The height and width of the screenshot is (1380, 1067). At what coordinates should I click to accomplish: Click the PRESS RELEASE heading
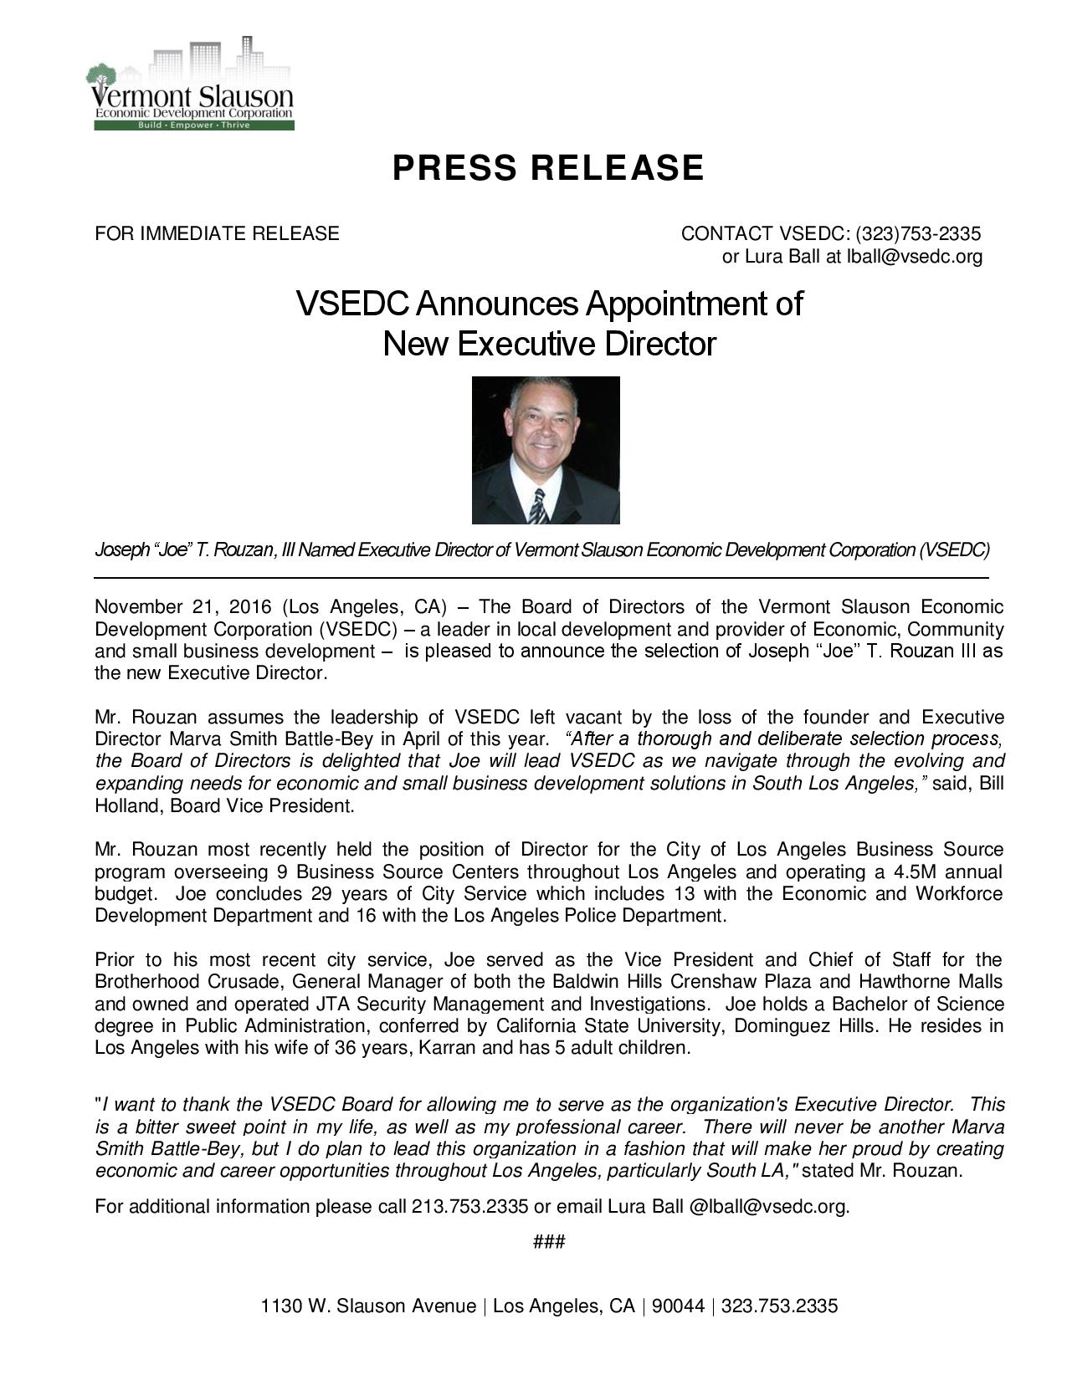pyautogui.click(x=548, y=168)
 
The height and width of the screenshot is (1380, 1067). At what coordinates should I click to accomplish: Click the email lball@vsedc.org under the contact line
pyautogui.click(x=915, y=257)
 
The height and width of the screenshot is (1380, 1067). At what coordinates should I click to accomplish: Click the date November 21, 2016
pyautogui.click(x=178, y=606)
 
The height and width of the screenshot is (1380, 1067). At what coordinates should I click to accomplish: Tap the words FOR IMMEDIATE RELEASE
pyautogui.click(x=217, y=233)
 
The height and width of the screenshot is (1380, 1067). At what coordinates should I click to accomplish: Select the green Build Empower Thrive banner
pyautogui.click(x=193, y=125)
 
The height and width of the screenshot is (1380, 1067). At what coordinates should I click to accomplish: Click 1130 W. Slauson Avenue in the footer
pyautogui.click(x=368, y=1306)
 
